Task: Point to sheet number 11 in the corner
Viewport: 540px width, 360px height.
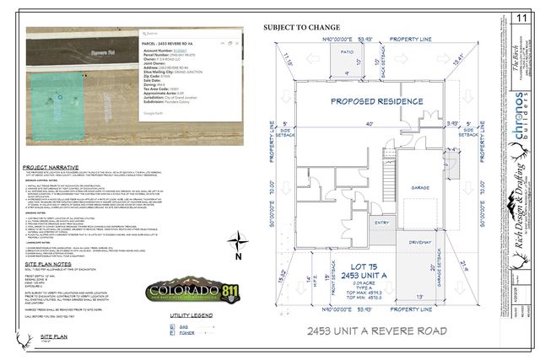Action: pos(520,16)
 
